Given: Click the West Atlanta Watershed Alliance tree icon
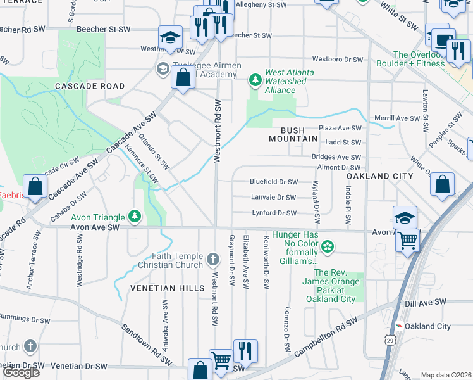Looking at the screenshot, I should (255, 80).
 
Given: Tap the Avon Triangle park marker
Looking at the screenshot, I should (134, 217).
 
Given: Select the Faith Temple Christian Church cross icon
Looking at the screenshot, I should (214, 260).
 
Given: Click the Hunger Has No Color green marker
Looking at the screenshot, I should (328, 246).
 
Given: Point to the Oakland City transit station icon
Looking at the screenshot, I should (398, 326).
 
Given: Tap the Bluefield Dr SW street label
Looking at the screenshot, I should (274, 180).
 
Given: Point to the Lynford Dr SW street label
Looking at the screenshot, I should (274, 213).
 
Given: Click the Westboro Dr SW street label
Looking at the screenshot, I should (337, 60).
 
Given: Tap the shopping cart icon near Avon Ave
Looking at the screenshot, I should (408, 239).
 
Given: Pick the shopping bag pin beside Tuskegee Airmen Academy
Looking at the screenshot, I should (183, 79).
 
